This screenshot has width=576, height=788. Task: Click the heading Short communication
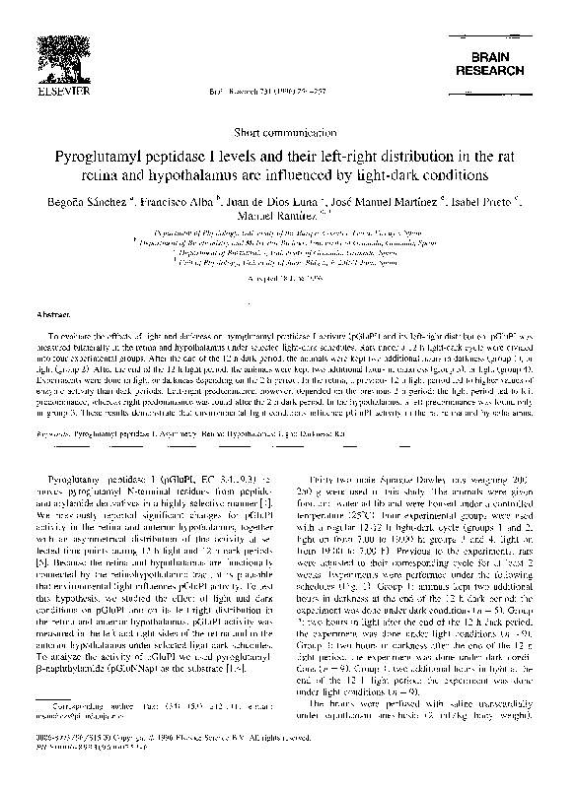coord(287,132)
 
